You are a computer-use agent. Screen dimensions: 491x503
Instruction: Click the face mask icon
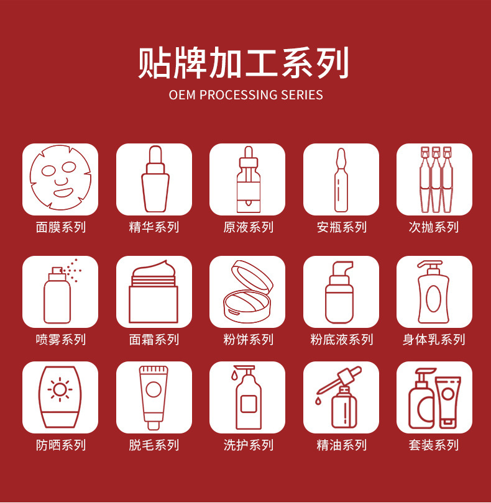[60, 178]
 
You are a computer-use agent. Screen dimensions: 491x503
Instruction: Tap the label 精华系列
[154, 227]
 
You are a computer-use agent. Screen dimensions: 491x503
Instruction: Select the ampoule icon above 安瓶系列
[341, 179]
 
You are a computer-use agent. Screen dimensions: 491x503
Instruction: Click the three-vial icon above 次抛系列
[436, 179]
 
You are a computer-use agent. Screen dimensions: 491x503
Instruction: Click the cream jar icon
[154, 291]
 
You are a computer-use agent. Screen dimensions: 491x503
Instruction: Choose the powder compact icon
[247, 291]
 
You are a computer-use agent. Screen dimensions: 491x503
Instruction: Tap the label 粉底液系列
[341, 340]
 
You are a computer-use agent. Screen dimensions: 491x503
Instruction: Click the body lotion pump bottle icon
[434, 292]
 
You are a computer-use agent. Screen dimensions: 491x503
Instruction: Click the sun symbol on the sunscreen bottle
[60, 389]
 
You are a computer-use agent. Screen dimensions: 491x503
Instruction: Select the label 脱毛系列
[154, 445]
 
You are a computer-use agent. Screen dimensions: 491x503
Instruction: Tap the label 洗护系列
[248, 445]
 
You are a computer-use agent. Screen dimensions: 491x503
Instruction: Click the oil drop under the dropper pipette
[318, 401]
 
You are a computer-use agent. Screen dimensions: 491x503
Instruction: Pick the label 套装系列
[434, 445]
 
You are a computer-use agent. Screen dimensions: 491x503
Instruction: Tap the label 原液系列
[248, 227]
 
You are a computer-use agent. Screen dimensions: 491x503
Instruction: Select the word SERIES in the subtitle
[302, 95]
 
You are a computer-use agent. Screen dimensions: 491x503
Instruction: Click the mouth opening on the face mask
[63, 193]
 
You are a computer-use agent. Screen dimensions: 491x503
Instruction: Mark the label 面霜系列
[154, 340]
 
